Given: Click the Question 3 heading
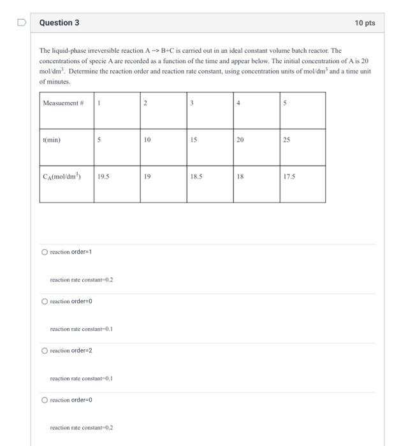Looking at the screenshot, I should [59, 23].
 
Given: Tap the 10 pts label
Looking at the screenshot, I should [365, 23].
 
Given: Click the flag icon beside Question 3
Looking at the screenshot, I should [22, 23].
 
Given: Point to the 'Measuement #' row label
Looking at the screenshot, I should [61, 103].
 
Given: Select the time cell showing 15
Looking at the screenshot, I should [194, 140].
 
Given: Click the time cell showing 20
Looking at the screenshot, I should [240, 140].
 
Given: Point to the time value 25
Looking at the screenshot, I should [287, 140].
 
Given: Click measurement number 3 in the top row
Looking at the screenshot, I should [192, 103].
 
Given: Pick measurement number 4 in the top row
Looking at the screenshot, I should [238, 103].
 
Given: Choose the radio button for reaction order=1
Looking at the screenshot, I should [45, 252].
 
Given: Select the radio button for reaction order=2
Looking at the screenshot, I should [45, 350].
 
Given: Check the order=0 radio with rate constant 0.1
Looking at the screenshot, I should [45, 301].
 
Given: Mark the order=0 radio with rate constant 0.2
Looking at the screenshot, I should [45, 400].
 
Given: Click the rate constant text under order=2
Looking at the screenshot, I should [81, 378].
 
